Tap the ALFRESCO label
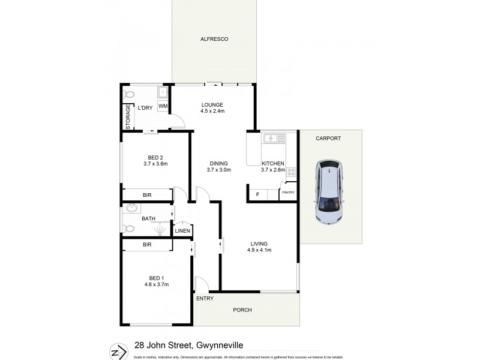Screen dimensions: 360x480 [x=214, y=39]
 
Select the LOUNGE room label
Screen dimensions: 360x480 [x=212, y=103]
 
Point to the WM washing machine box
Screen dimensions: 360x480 [x=163, y=107]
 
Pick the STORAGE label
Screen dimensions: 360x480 [x=128, y=117]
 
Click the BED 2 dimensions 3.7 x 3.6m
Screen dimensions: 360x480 [x=155, y=164]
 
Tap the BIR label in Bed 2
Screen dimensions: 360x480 [x=147, y=195]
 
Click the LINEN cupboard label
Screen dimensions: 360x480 [x=182, y=231]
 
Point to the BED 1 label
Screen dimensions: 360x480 [x=156, y=277]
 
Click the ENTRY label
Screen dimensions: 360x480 [x=204, y=298]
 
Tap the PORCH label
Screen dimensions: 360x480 [x=242, y=310]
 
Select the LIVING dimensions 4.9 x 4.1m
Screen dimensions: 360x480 [x=259, y=250]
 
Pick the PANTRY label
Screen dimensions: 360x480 [x=288, y=193]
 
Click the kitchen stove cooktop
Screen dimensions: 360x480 [x=291, y=173]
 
